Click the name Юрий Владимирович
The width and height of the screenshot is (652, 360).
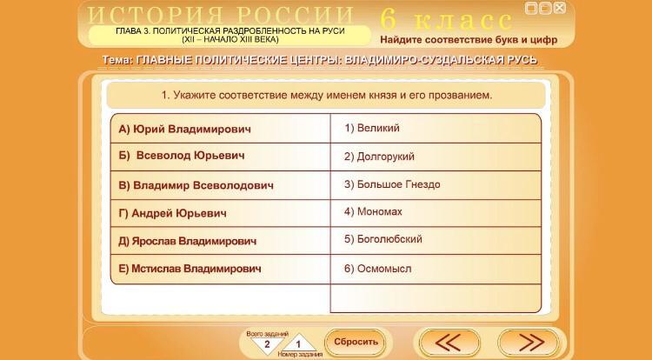(184, 129)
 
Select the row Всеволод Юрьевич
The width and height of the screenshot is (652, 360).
(182, 156)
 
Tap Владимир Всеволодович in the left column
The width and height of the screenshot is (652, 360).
(196, 185)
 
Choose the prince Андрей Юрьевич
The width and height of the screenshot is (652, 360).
(173, 213)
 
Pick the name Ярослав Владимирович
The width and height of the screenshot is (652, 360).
(187, 241)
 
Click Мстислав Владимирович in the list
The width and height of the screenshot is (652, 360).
(190, 269)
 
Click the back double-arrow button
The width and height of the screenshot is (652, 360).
(449, 343)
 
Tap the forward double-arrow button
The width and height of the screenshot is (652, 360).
(529, 343)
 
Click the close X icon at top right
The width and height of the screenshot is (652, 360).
(560, 8)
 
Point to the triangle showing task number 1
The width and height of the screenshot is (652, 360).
(298, 343)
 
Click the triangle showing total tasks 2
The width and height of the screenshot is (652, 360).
(267, 344)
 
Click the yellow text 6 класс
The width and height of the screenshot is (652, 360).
(446, 19)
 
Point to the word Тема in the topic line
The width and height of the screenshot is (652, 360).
(117, 60)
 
